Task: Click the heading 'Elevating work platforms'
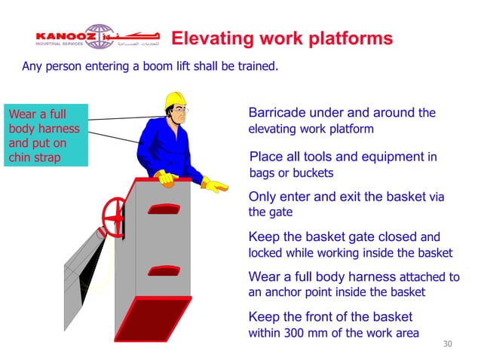(282, 38)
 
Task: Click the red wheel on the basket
(115, 214)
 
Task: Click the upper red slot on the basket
(164, 209)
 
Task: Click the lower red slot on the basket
(164, 269)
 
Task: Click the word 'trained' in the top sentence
(257, 66)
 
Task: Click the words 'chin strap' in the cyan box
(34, 157)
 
